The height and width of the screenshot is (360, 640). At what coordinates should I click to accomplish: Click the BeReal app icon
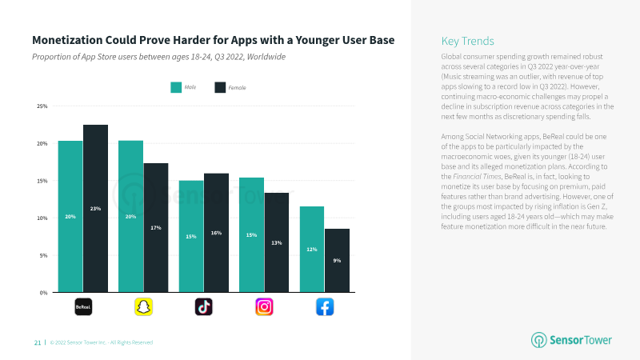83,307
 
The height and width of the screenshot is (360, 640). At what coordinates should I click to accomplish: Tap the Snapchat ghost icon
144,307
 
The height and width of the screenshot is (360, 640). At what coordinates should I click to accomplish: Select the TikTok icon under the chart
204,307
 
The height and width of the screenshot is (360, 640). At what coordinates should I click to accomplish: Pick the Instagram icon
264,307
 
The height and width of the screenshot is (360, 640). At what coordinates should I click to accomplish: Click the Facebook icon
325,307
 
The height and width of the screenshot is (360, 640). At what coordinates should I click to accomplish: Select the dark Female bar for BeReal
95,209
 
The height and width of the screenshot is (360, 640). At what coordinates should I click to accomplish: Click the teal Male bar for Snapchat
130,216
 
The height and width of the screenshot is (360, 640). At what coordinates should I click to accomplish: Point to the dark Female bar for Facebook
337,261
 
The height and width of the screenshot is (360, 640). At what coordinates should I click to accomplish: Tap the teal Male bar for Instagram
251,234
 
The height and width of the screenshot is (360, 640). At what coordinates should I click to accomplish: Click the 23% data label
95,209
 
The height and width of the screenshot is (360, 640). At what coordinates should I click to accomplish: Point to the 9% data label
337,261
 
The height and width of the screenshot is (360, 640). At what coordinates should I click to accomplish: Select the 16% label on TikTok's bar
216,233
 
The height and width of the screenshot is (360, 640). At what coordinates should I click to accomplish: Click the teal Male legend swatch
176,87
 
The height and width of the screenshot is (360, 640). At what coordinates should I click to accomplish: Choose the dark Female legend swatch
220,87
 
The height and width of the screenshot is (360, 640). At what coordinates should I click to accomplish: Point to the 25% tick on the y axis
42,106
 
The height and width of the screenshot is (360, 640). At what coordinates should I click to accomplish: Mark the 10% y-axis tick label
42,218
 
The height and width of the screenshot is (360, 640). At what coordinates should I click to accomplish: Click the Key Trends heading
467,42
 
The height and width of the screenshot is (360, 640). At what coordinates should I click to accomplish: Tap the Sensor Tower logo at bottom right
571,339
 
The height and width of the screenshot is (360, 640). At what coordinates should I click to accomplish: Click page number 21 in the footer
38,342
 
